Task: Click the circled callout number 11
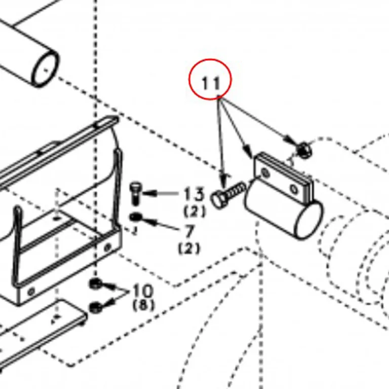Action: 211,83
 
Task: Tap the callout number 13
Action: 194,194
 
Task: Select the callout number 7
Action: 189,231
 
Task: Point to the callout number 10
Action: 143,291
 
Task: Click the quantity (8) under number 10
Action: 144,305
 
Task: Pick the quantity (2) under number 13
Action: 194,211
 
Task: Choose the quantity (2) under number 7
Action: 189,248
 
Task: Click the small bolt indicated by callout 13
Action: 135,193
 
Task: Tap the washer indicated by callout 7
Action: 135,218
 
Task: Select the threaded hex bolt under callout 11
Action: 227,194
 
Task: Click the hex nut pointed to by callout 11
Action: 304,150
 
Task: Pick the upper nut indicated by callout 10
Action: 95,284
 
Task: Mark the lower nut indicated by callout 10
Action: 95,308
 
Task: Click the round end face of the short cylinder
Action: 308,220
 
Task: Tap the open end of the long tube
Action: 46,70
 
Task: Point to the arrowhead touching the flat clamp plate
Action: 248,151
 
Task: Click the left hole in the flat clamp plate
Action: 265,172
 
